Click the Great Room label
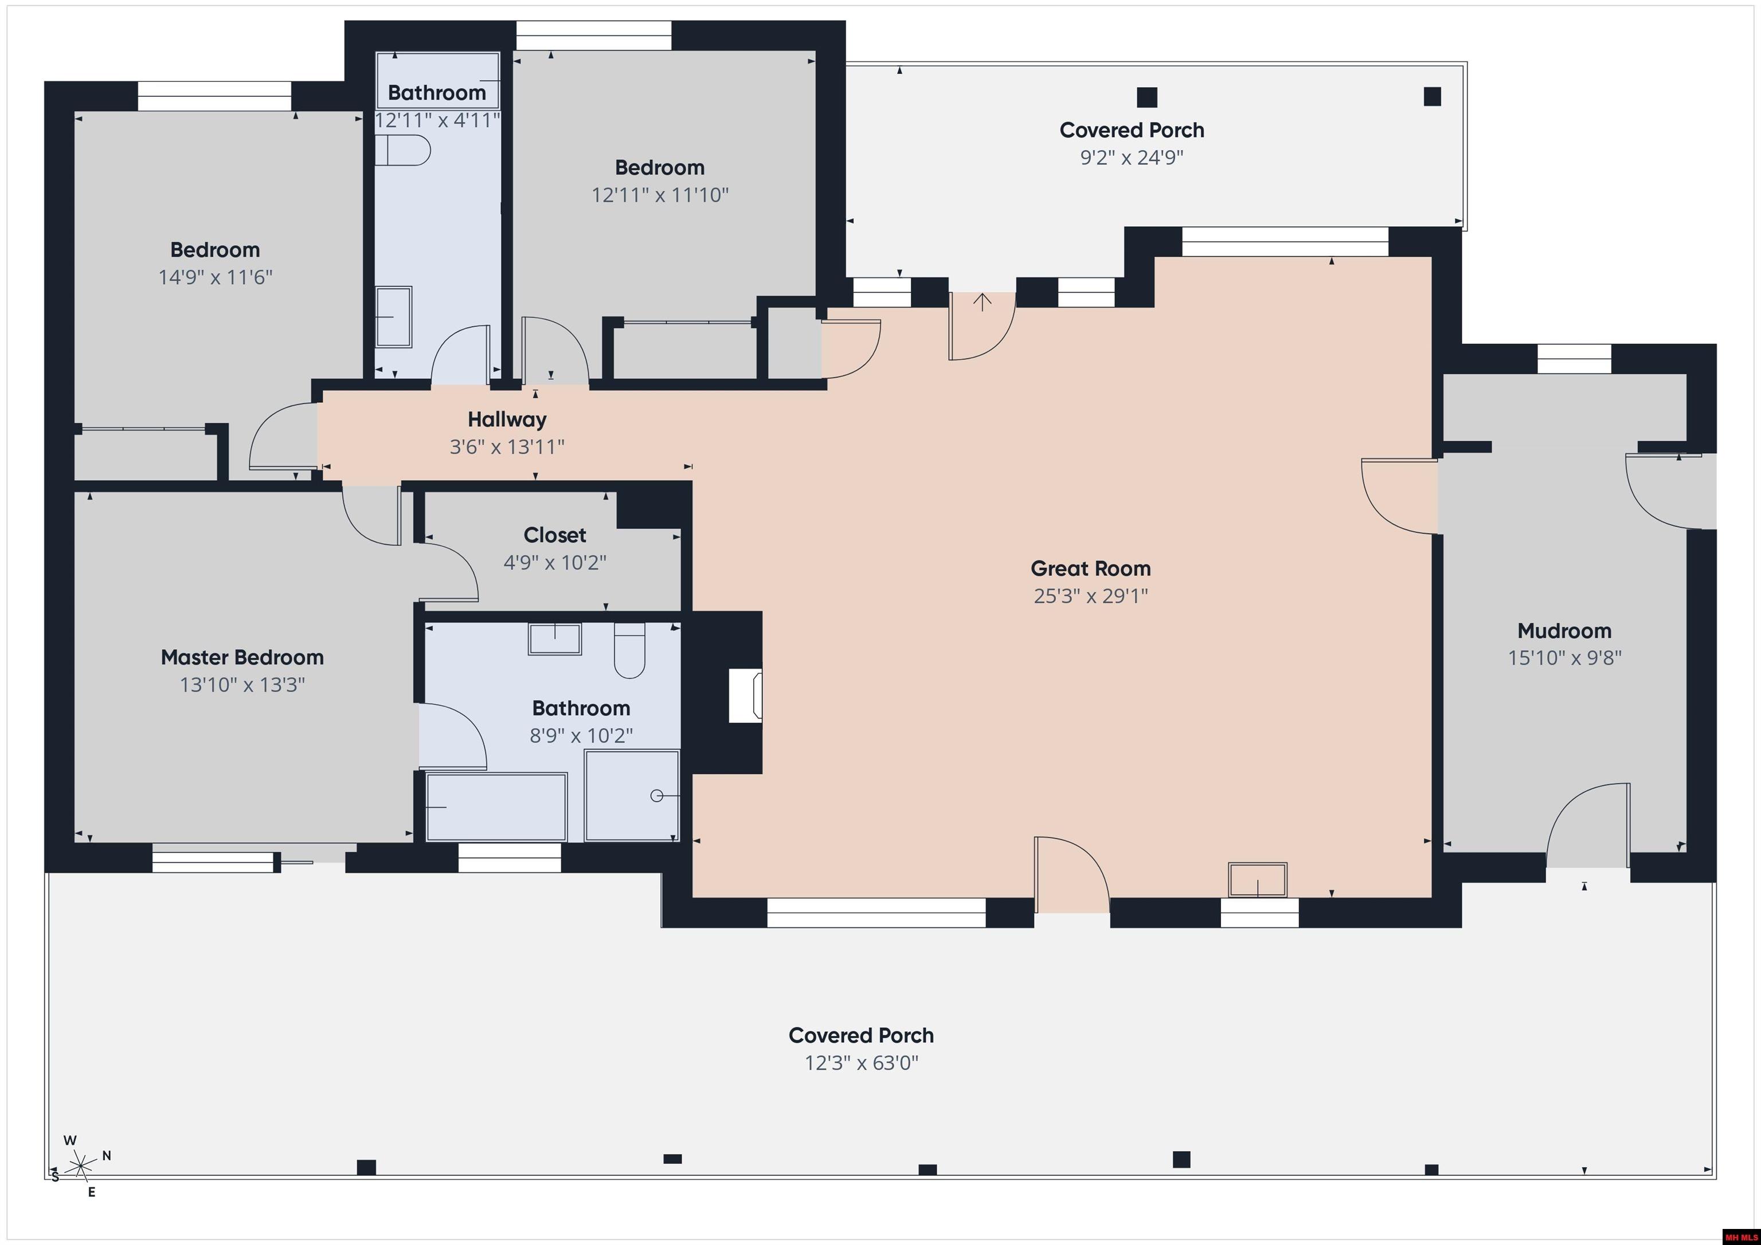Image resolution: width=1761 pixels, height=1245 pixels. point(1090,569)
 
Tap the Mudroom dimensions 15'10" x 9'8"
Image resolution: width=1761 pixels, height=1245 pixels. point(1564,658)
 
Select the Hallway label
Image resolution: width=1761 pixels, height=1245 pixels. point(507,419)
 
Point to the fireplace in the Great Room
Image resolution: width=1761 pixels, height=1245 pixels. point(744,694)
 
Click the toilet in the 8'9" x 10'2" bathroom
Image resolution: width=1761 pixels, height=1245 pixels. point(629,651)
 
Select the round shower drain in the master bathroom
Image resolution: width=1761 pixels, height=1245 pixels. point(656,796)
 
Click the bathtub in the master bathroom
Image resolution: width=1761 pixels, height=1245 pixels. point(496,807)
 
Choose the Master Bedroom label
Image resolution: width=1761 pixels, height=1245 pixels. point(242,657)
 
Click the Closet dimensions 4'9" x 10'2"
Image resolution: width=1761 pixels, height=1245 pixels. point(554,563)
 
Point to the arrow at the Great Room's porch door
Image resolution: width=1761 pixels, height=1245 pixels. point(983,301)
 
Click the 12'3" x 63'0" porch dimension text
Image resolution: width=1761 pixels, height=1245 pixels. point(860,1063)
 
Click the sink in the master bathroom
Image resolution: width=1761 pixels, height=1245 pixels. point(554,639)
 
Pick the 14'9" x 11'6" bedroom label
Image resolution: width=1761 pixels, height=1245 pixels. point(215,250)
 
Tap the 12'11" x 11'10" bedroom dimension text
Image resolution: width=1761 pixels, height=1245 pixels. point(660,195)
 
